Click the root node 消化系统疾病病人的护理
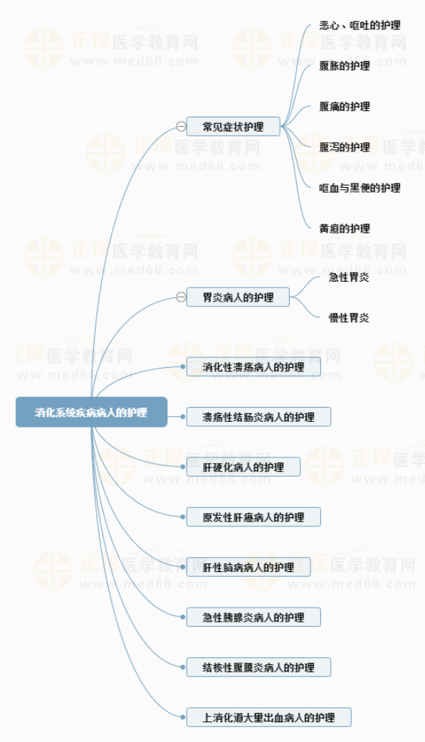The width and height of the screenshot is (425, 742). (91, 412)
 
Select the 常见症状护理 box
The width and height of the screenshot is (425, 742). (234, 127)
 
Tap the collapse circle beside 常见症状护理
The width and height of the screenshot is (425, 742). (181, 127)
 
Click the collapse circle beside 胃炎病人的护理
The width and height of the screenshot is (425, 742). (181, 297)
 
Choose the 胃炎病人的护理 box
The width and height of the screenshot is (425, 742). (238, 297)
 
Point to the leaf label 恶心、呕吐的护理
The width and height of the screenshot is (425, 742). (360, 26)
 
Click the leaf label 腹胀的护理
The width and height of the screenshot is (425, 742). (345, 65)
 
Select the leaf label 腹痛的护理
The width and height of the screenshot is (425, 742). (345, 107)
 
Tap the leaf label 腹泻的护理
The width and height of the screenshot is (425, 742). (345, 147)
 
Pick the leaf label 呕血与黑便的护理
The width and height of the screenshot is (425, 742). (360, 188)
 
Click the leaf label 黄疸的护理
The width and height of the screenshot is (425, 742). (345, 228)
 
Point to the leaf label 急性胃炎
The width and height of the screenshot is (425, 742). (349, 277)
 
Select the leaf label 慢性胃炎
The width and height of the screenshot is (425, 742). (349, 317)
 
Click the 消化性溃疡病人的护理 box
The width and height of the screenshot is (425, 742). (253, 367)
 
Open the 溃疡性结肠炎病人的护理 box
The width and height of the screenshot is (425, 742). (258, 417)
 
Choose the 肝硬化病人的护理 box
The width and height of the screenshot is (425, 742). (243, 467)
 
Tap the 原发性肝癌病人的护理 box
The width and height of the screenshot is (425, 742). (253, 517)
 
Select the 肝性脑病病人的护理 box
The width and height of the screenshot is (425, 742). (248, 568)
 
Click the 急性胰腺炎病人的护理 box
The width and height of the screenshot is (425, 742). (253, 618)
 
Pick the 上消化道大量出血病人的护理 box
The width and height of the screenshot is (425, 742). (269, 717)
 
